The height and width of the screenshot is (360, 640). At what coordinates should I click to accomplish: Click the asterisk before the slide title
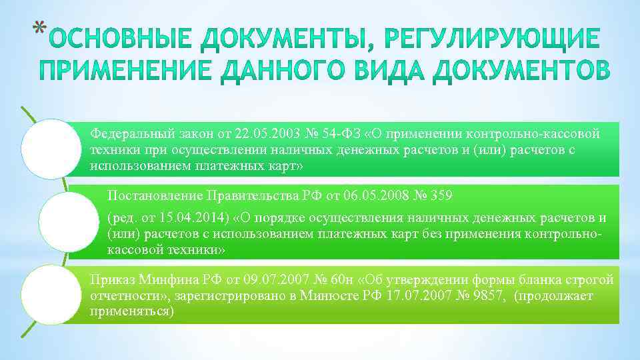[x=39, y=28]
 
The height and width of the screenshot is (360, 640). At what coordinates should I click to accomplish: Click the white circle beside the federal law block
[x=50, y=149]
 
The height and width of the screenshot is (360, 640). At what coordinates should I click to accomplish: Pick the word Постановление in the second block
[x=155, y=195]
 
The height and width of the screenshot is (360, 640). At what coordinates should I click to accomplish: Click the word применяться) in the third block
[x=131, y=311]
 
